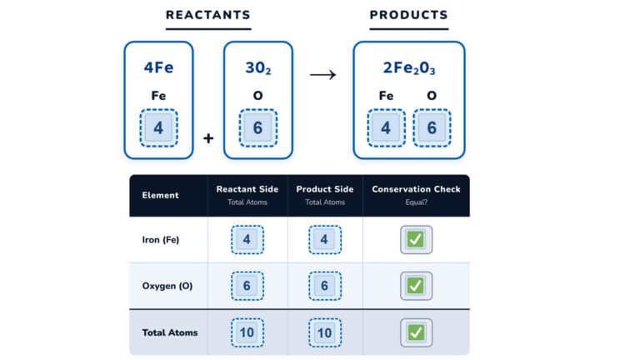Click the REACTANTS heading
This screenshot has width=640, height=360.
pos(207,15)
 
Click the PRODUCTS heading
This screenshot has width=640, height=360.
pos(408,15)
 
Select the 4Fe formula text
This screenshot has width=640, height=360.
pos(158,68)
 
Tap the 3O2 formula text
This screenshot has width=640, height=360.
pos(257,68)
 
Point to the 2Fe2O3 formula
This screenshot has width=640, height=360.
pos(408,68)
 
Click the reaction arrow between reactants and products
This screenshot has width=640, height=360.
pos(322,75)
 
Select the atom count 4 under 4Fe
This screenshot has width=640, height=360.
pos(158,128)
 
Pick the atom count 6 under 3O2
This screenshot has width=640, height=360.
pos(257,128)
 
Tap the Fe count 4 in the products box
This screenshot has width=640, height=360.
pos(386,128)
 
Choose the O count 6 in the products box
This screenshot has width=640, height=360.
pos(432,128)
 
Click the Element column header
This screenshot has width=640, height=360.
pos(160,196)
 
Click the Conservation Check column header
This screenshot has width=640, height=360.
pos(416,189)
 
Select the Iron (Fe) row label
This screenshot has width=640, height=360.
pos(161,240)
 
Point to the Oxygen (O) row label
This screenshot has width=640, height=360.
pos(167,286)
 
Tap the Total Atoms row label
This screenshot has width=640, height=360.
pos(170,332)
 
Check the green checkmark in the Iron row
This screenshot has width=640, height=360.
pos(416,240)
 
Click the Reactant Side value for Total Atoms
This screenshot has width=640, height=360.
pos(247,332)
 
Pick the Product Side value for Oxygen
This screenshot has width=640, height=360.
pos(325,286)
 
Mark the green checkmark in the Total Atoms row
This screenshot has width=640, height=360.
pos(416,332)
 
